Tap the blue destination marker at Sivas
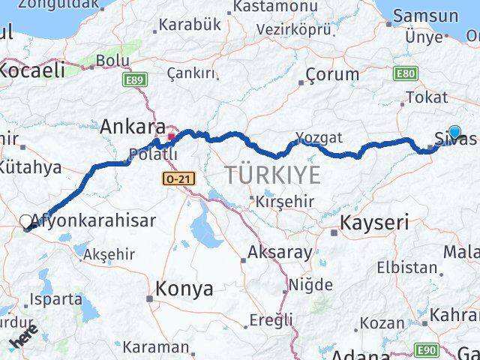tap(454, 133)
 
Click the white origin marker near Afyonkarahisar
tap(26, 222)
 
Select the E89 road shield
tap(135, 79)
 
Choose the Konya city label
tap(184, 289)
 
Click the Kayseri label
tap(374, 222)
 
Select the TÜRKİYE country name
tap(272, 175)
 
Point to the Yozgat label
tap(319, 137)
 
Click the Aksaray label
tap(280, 252)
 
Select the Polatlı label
tap(153, 154)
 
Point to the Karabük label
tap(193, 24)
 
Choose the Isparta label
tap(56, 299)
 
